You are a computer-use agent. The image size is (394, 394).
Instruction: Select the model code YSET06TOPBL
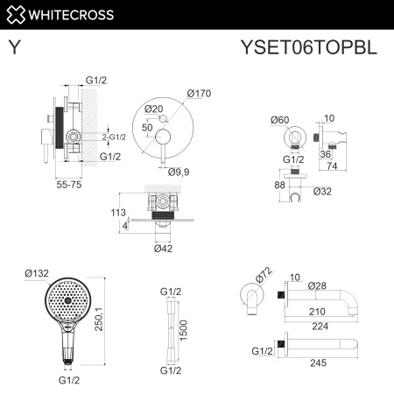(x=307, y=49)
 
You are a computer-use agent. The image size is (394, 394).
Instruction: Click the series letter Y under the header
(x=16, y=49)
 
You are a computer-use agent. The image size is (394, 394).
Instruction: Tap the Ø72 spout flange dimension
(x=260, y=278)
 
